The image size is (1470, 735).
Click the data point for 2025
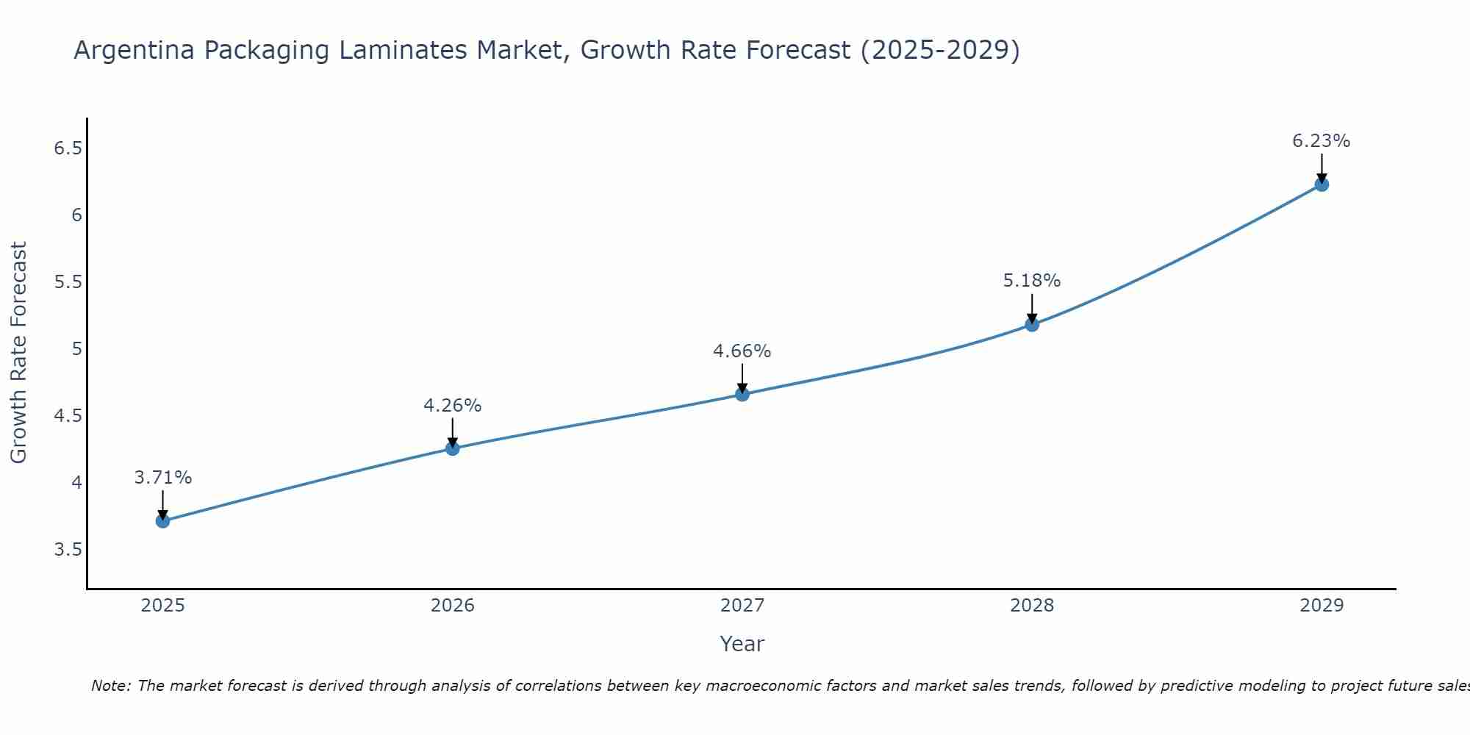click(x=162, y=521)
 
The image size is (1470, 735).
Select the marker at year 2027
click(x=742, y=394)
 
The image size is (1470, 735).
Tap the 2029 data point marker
click(x=1322, y=184)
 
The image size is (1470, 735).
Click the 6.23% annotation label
click(x=1321, y=140)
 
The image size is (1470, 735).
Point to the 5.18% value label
click(x=1032, y=280)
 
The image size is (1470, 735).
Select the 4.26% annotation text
click(x=452, y=405)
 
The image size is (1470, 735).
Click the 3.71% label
click(x=162, y=477)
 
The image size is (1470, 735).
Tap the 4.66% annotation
click(x=742, y=351)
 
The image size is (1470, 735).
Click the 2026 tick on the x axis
click(x=452, y=605)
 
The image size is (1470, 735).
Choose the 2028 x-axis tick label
click(x=1032, y=605)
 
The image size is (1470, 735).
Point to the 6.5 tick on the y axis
click(x=68, y=148)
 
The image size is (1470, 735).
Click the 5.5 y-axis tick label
click(x=68, y=282)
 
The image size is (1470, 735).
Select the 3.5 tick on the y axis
click(x=68, y=550)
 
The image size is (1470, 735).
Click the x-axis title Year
click(x=742, y=644)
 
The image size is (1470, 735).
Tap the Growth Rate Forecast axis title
click(x=18, y=353)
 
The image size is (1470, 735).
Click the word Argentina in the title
click(x=135, y=50)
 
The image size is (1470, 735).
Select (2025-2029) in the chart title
click(x=940, y=50)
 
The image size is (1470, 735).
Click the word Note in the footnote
click(x=110, y=686)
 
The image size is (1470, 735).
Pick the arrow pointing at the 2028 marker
click(x=1032, y=309)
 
